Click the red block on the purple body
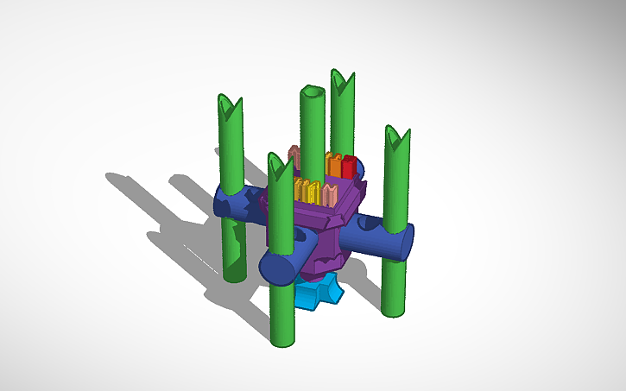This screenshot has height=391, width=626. (349, 166)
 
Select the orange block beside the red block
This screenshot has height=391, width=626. (333, 164)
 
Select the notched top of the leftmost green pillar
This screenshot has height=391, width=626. (231, 107)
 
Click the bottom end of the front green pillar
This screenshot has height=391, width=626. (282, 338)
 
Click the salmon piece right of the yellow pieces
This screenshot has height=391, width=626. (330, 192)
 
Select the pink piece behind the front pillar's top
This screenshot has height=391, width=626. (294, 156)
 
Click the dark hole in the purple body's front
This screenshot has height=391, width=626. (301, 235)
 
